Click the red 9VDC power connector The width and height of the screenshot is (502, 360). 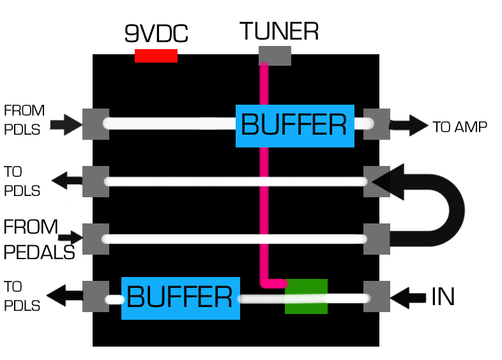point(156,56)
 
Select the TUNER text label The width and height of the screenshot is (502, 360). point(279,31)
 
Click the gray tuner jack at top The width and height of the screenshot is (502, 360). point(275,56)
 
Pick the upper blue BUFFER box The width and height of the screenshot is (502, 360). point(294,126)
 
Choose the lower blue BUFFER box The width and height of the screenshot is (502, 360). point(180,298)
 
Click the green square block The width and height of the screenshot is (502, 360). point(306,296)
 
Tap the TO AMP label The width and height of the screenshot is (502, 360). point(460,127)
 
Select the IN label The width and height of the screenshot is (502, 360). point(443,297)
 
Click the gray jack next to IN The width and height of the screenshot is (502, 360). point(376,296)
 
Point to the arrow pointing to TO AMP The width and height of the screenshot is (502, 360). point(409,125)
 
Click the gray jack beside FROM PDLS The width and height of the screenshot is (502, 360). point(96,124)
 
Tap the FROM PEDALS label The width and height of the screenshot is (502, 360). point(38,239)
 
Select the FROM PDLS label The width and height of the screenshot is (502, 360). point(24,119)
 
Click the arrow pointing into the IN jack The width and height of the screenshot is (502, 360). point(409,297)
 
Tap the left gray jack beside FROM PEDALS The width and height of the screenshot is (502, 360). point(96,239)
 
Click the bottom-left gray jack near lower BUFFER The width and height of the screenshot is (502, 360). point(96,297)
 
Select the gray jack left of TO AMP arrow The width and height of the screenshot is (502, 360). point(376,124)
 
